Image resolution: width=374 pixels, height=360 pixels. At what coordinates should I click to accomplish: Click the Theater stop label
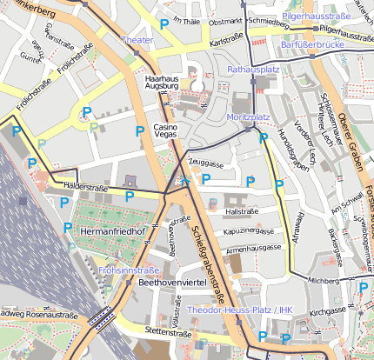pos(137,40)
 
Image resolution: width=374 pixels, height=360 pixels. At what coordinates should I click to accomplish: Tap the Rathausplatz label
pos(251,68)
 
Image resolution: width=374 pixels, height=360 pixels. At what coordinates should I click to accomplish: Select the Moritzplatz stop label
pos(249,117)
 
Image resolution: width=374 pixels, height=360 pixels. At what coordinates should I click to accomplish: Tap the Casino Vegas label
pos(165,133)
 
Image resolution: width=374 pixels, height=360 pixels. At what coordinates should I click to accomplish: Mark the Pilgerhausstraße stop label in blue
pos(316,16)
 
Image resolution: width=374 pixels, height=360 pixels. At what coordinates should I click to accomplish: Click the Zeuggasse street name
pos(206,163)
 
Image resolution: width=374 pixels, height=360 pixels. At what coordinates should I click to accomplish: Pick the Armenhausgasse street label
pos(254,248)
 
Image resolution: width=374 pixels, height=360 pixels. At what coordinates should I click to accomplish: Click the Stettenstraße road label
pos(167,331)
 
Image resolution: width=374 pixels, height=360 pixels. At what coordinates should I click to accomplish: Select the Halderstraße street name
pos(84,186)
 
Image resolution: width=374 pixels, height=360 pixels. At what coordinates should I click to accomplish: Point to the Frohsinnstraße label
pos(129,270)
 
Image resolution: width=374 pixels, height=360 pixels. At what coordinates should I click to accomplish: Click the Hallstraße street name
pos(244,211)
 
